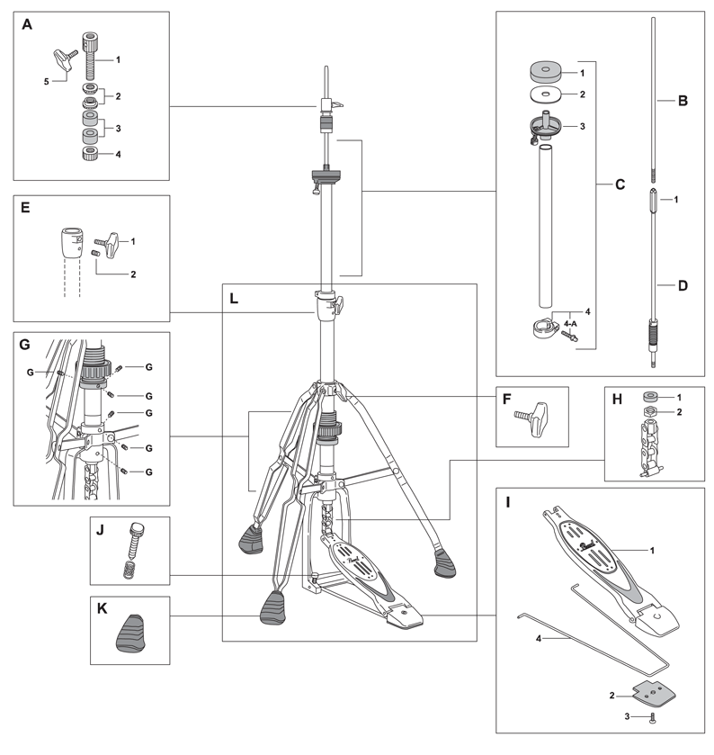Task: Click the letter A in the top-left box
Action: (x=27, y=25)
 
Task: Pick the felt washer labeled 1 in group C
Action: (x=544, y=70)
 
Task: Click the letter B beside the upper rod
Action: (x=683, y=102)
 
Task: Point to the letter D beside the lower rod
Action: (x=683, y=287)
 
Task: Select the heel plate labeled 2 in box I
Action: (x=651, y=694)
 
